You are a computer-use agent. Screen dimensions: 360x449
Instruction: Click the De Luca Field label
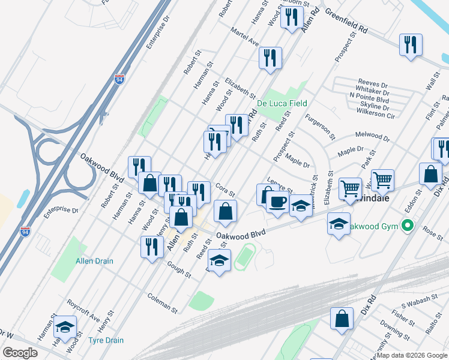click(282, 103)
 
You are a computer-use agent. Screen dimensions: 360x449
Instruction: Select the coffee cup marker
click(277, 202)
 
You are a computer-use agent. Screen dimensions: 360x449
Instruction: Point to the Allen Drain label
click(94, 261)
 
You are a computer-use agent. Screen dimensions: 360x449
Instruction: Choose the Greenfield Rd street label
click(346, 19)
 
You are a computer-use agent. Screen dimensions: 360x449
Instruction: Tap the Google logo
click(20, 353)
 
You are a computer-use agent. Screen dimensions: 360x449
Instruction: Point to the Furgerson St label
click(320, 127)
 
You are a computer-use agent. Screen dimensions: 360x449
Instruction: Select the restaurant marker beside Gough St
click(152, 247)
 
